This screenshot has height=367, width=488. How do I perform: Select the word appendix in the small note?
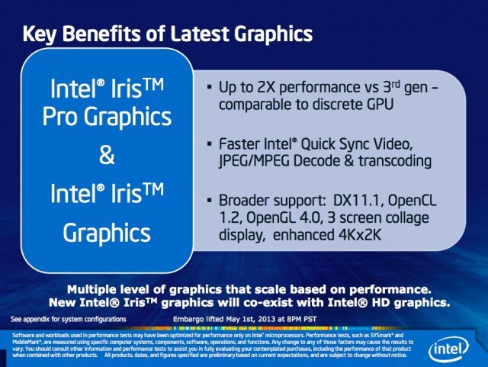coord(43,317)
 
